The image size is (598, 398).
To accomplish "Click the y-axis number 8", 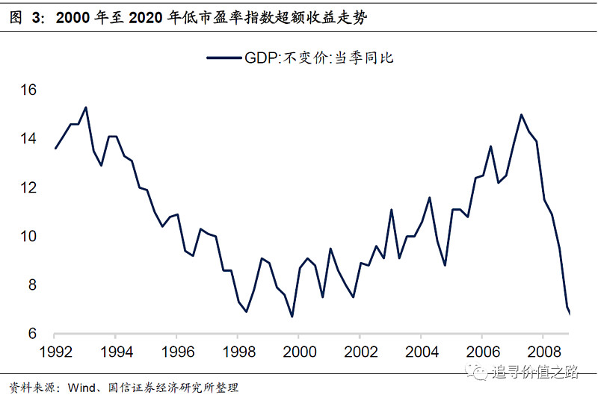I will pos(31,285).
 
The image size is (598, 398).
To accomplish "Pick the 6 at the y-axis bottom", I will pos(31,334).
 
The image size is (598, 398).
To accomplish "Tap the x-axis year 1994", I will pos(116,351).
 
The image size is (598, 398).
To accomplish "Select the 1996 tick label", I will pos(177,351).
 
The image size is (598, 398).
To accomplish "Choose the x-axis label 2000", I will pos(299,351).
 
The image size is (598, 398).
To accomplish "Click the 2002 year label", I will pos(360,351).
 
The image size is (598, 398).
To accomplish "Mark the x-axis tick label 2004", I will pos(422,351).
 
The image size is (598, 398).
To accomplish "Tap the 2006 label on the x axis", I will pos(483,351).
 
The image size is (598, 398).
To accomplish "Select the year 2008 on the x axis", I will pos(543,351).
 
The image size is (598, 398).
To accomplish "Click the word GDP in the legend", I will pos(259,57).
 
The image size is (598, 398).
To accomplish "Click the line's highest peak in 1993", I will pos(86,107).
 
